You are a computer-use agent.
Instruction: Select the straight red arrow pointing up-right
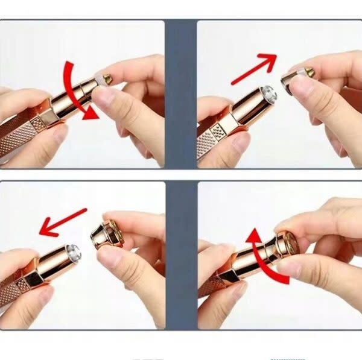pyautogui.click(x=253, y=68)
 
